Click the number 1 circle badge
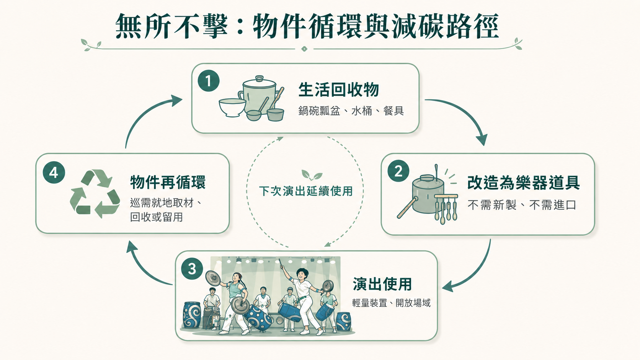209,81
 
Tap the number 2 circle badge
398,171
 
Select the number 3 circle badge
192,269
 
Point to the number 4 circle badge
54,173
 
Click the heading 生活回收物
339,90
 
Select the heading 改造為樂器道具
523,183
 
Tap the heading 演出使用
382,284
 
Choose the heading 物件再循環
168,182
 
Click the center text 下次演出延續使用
306,191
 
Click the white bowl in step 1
232,108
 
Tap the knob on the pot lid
260,78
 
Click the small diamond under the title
304,49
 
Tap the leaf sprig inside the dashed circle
312,175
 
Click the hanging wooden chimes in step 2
446,209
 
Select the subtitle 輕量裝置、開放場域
391,303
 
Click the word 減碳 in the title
418,26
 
